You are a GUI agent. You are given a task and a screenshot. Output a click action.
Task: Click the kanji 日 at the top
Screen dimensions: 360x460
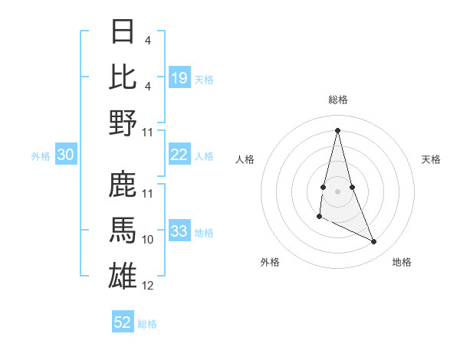pos(123,33)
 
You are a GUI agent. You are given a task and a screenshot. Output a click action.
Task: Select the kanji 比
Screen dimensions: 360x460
pos(123,77)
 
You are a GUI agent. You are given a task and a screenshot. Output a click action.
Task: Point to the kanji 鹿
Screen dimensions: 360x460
pos(123,186)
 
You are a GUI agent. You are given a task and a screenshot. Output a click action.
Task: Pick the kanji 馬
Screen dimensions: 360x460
pos(123,231)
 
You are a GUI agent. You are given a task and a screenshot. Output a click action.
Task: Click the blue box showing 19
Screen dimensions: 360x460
pos(179,78)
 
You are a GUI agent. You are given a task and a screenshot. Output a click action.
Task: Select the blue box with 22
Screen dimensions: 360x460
pos(179,155)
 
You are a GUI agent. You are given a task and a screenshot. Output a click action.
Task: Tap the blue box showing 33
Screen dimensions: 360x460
pos(179,231)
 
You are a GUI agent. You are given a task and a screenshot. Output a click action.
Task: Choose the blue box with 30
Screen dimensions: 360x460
pos(66,155)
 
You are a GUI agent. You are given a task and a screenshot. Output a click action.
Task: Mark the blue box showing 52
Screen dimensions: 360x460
pos(123,322)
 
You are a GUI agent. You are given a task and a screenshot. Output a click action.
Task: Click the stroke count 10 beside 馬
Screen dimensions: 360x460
pos(148,240)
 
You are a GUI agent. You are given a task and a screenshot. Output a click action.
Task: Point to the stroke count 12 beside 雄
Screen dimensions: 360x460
pos(148,286)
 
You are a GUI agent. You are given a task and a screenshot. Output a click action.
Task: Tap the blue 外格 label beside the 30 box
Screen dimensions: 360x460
pos(41,155)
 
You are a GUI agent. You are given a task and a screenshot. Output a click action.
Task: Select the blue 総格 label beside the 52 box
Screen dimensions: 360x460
pos(147,323)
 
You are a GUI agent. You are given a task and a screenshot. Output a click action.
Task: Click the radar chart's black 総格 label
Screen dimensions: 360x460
pos(338,100)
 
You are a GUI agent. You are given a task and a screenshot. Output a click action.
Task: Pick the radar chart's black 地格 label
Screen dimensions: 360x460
pos(402,262)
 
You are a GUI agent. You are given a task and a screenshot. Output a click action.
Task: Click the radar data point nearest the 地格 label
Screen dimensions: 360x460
pos(374,242)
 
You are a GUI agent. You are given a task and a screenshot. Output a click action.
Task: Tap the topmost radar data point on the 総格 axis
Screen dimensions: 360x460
pos(338,129)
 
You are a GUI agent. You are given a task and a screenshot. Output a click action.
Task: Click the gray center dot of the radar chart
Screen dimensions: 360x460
pos(338,190)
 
